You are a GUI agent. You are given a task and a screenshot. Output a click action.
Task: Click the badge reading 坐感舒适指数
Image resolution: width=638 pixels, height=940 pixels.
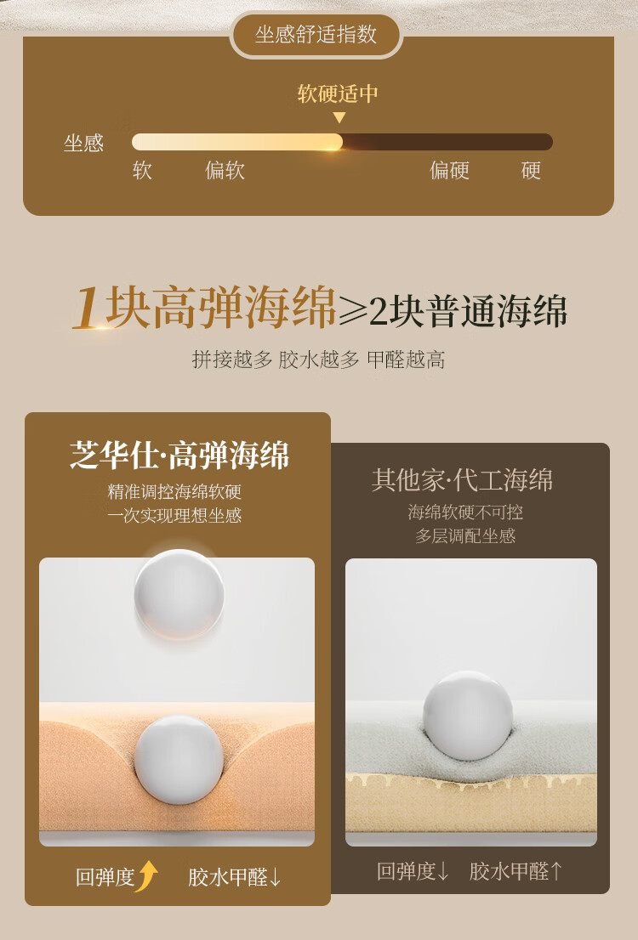pos(316,35)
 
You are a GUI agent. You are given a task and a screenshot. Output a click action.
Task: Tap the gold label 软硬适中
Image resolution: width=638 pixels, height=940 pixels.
pos(339,93)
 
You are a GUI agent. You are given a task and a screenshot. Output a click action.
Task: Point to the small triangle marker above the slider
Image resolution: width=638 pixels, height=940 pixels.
pos(339,117)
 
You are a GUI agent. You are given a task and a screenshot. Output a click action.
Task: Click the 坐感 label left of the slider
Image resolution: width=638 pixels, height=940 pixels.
pos(84,144)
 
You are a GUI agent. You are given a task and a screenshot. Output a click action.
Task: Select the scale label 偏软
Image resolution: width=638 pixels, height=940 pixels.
pos(225,170)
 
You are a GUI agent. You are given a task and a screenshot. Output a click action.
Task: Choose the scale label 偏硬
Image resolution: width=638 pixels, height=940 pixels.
pos(449,170)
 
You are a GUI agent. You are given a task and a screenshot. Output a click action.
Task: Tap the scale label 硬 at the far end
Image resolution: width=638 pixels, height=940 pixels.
pos(531,170)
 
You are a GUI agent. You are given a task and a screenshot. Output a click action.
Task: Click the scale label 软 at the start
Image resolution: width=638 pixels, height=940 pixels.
pos(142,170)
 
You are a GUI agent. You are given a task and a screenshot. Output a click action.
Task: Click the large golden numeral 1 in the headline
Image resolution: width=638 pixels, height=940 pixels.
pos(88,308)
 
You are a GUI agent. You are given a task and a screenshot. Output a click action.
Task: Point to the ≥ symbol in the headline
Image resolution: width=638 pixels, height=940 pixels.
pos(353,310)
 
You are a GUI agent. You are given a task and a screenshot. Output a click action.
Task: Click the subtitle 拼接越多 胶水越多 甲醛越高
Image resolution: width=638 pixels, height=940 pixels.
pos(319,360)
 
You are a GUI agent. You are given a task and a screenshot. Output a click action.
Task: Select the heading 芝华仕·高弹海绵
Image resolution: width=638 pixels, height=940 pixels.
pos(179,455)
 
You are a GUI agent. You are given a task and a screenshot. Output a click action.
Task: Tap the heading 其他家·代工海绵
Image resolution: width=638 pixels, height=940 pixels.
pos(462,480)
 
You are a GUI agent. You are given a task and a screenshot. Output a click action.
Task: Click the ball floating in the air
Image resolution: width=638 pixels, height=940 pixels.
pos(179,594)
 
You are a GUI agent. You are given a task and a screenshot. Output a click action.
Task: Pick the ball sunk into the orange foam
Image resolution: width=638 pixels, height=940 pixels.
pos(179,760)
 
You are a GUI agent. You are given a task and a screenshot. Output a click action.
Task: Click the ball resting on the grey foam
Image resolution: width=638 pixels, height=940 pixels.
pos(468,716)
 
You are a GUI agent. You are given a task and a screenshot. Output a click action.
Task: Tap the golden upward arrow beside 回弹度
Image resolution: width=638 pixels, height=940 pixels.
pos(147,876)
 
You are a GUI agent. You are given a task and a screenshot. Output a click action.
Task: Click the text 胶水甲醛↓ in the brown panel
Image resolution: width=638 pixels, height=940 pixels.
pos(235,877)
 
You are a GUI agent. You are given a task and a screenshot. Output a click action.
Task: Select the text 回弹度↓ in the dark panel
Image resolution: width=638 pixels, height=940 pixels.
pos(413,871)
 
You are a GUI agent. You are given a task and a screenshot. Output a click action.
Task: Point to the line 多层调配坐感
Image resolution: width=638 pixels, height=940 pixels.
pos(465,535)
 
